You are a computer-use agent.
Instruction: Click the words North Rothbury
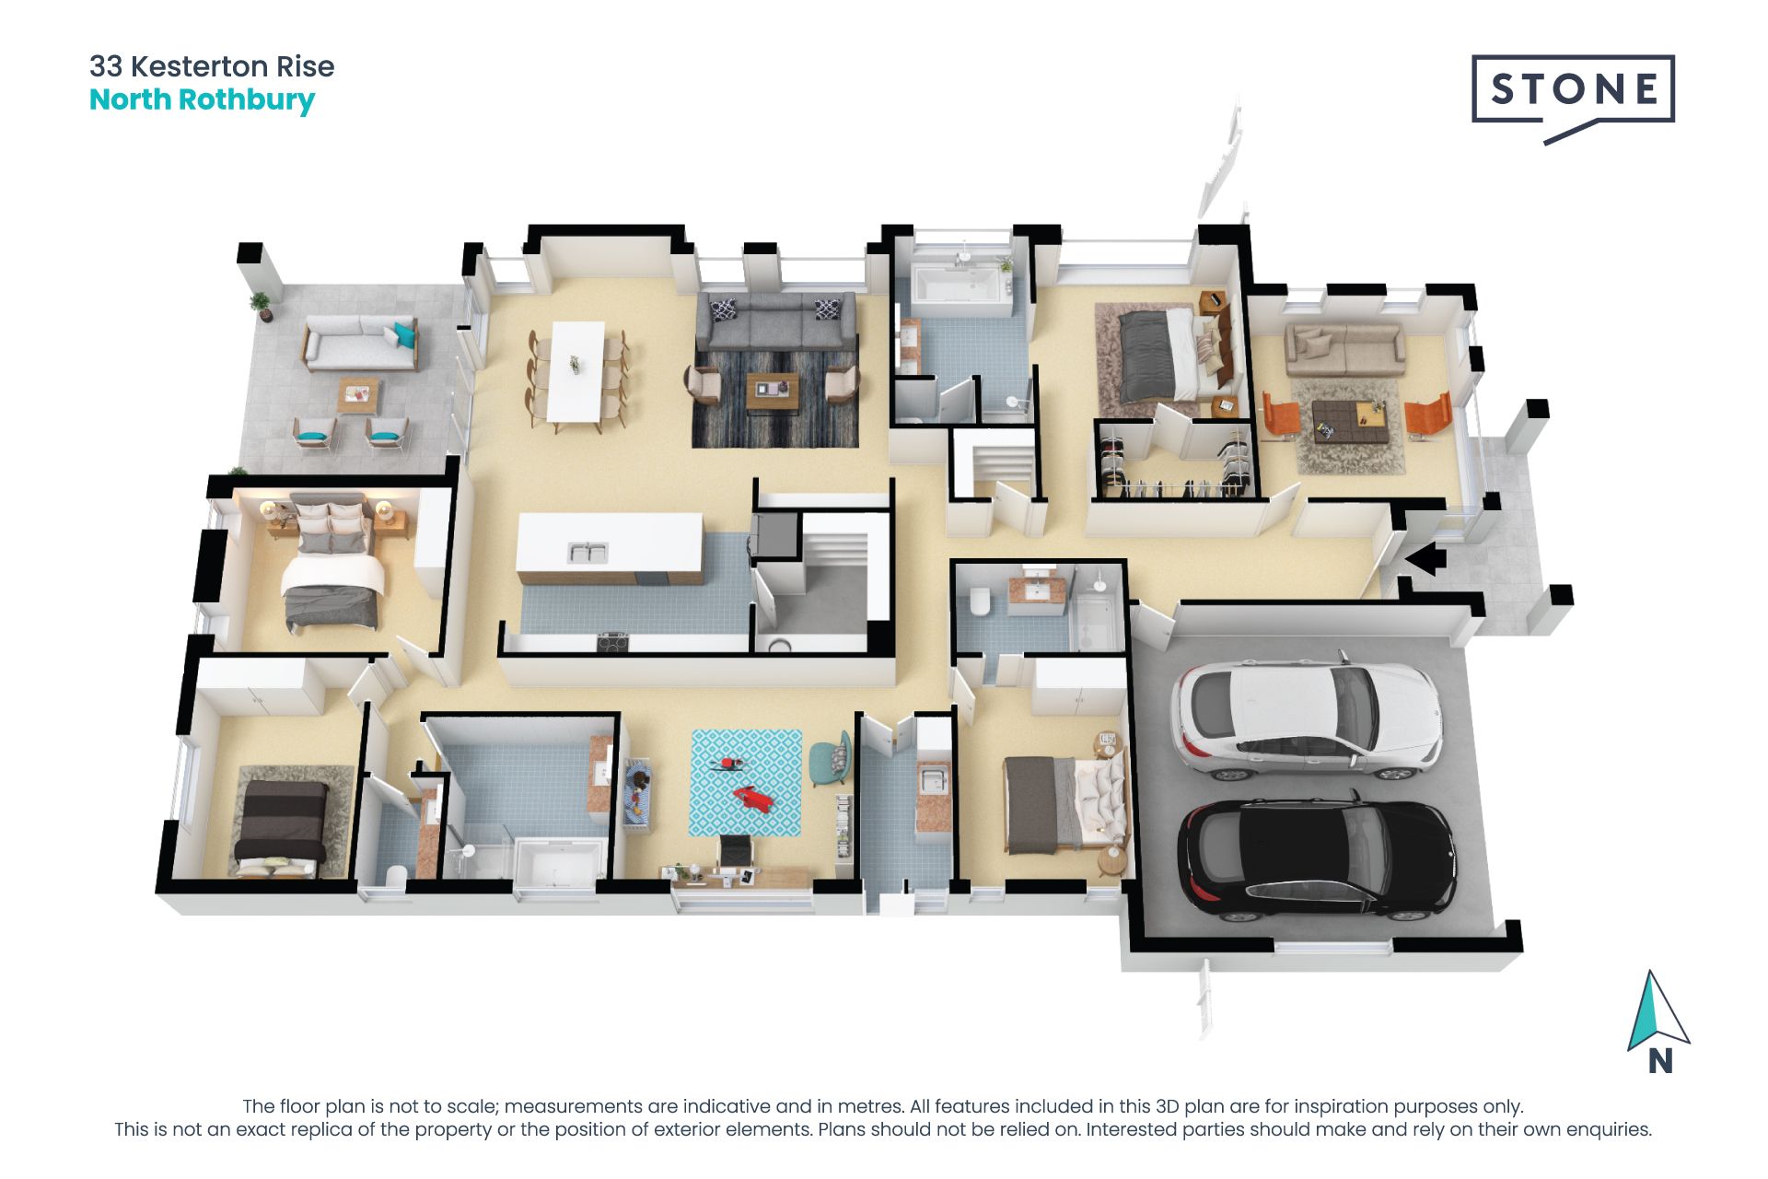point(202,99)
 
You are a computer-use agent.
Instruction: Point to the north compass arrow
point(1656,1013)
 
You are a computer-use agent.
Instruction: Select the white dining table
point(577,370)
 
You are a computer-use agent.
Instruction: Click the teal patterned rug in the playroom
point(746,783)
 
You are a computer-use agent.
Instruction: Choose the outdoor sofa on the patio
point(360,343)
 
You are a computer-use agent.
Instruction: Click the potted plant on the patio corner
point(262,305)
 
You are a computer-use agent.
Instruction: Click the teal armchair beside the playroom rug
point(830,758)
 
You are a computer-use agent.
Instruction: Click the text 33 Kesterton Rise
point(212,66)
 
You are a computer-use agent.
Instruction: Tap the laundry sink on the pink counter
point(934,779)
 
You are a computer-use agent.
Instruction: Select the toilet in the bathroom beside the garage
point(980,601)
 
